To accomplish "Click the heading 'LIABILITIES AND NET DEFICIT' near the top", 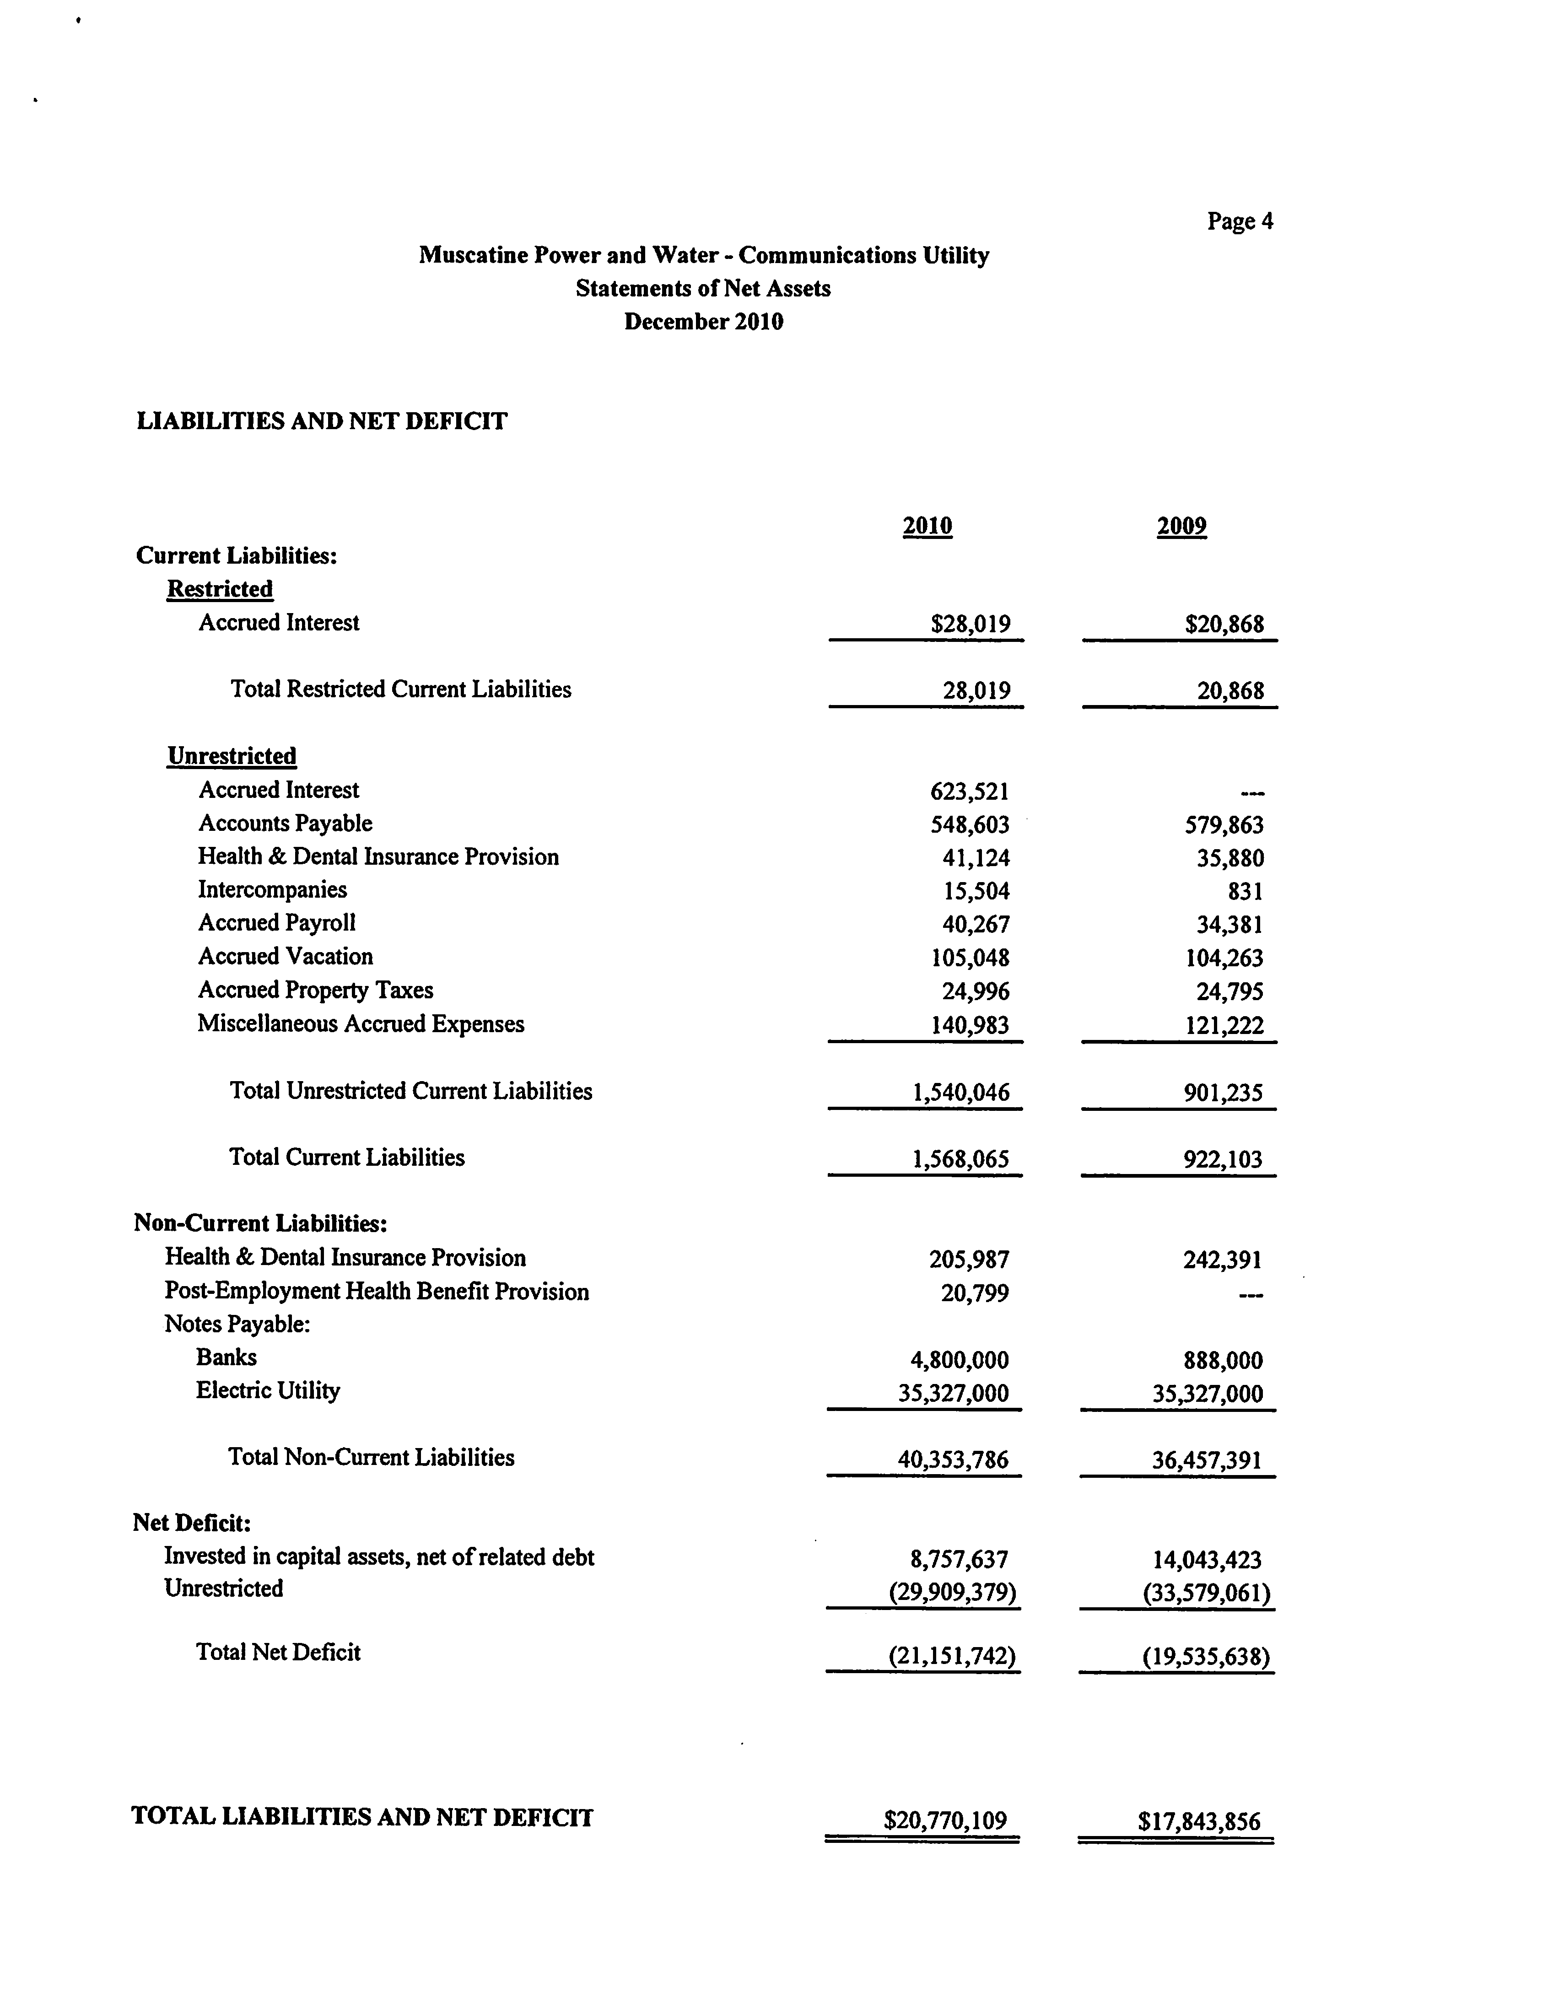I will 322,421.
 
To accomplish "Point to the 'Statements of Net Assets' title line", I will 703,289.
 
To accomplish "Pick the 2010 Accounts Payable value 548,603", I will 969,824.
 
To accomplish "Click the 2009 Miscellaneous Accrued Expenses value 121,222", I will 1224,1025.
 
